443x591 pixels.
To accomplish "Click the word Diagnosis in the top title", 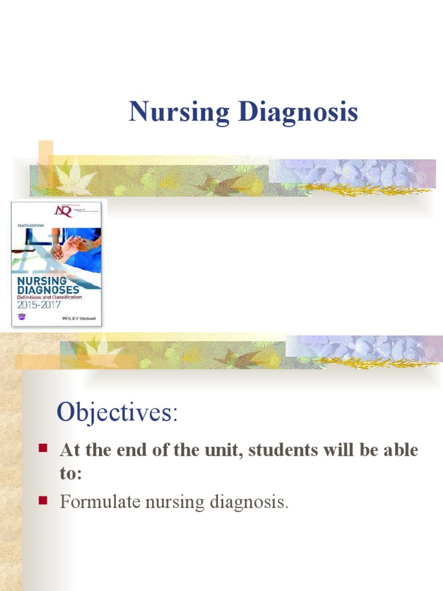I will [298, 113].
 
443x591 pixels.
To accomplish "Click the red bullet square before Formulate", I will [42, 500].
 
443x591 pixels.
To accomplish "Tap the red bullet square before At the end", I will [42, 448].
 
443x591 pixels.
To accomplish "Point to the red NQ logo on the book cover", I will [62, 211].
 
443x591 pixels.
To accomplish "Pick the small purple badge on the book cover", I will [22, 317].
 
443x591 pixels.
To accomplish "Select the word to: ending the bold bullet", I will [71, 473].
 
